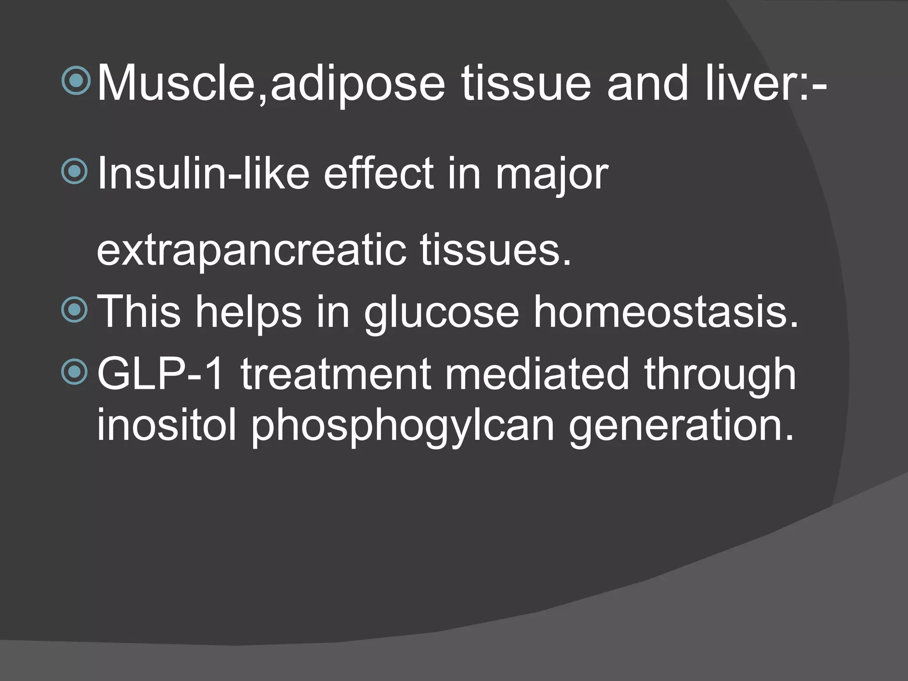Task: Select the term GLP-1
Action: pos(160,374)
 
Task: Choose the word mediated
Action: pos(537,374)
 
